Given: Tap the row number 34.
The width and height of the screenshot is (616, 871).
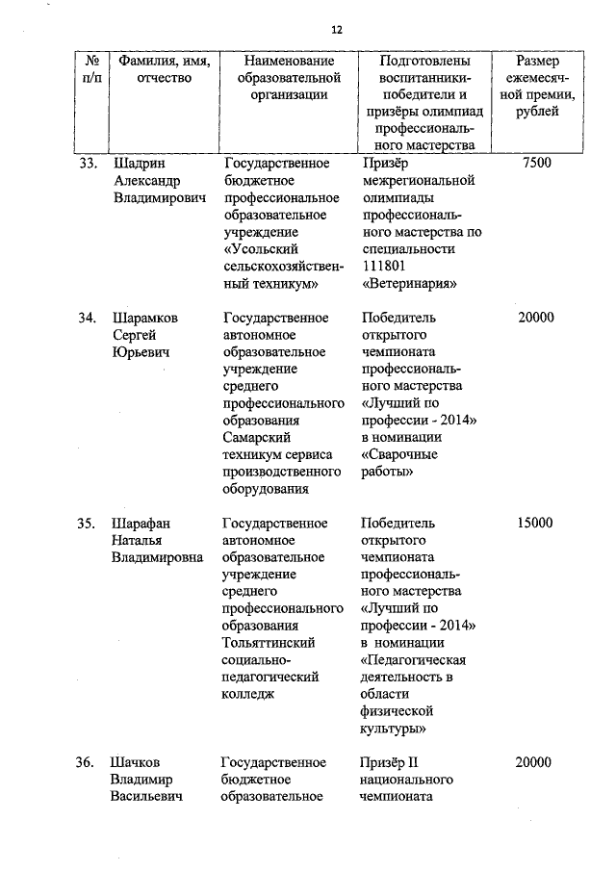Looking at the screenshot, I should tap(88, 318).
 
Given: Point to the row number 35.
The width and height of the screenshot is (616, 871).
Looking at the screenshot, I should tap(88, 524).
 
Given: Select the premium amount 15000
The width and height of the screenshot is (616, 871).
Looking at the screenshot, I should tap(534, 524).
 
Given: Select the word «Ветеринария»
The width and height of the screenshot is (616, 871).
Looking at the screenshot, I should tap(408, 284).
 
